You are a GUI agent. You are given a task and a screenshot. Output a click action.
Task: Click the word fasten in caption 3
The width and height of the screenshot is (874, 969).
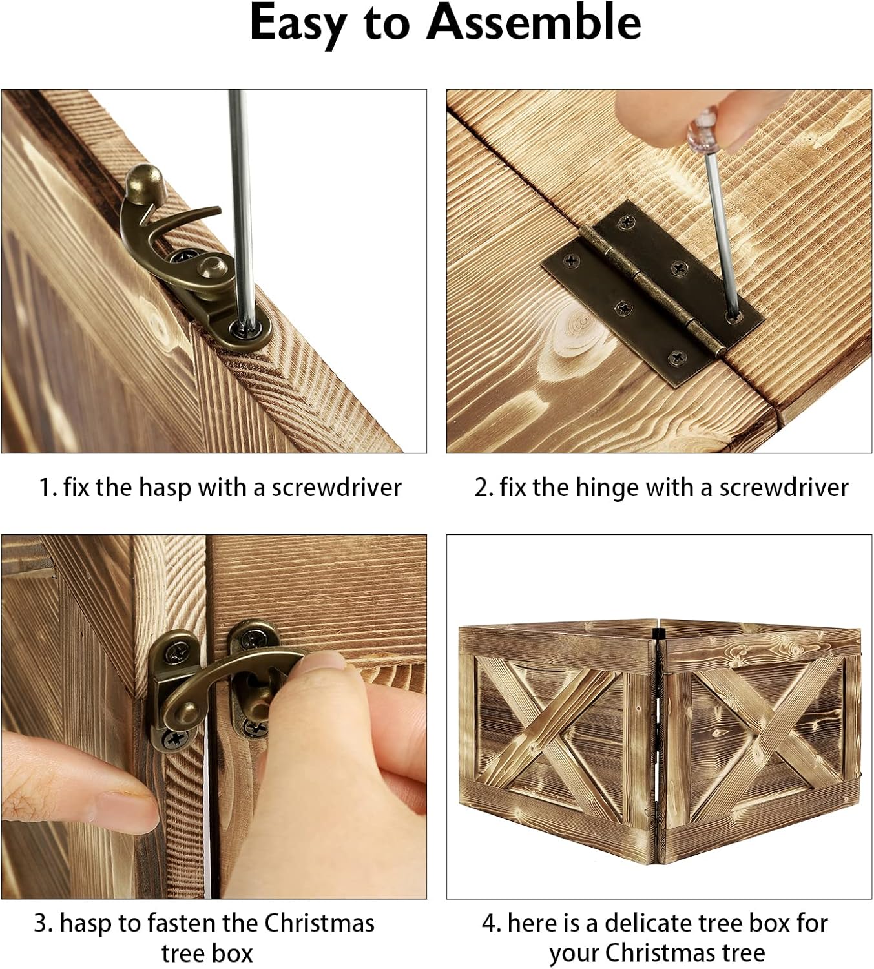pos(181,923)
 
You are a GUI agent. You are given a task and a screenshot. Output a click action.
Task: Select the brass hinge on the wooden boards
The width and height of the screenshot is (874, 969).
pos(652,293)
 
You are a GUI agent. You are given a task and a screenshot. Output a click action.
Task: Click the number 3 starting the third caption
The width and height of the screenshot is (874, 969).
pos(41,924)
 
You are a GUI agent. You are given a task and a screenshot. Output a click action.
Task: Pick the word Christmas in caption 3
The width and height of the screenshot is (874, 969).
pos(319,923)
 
